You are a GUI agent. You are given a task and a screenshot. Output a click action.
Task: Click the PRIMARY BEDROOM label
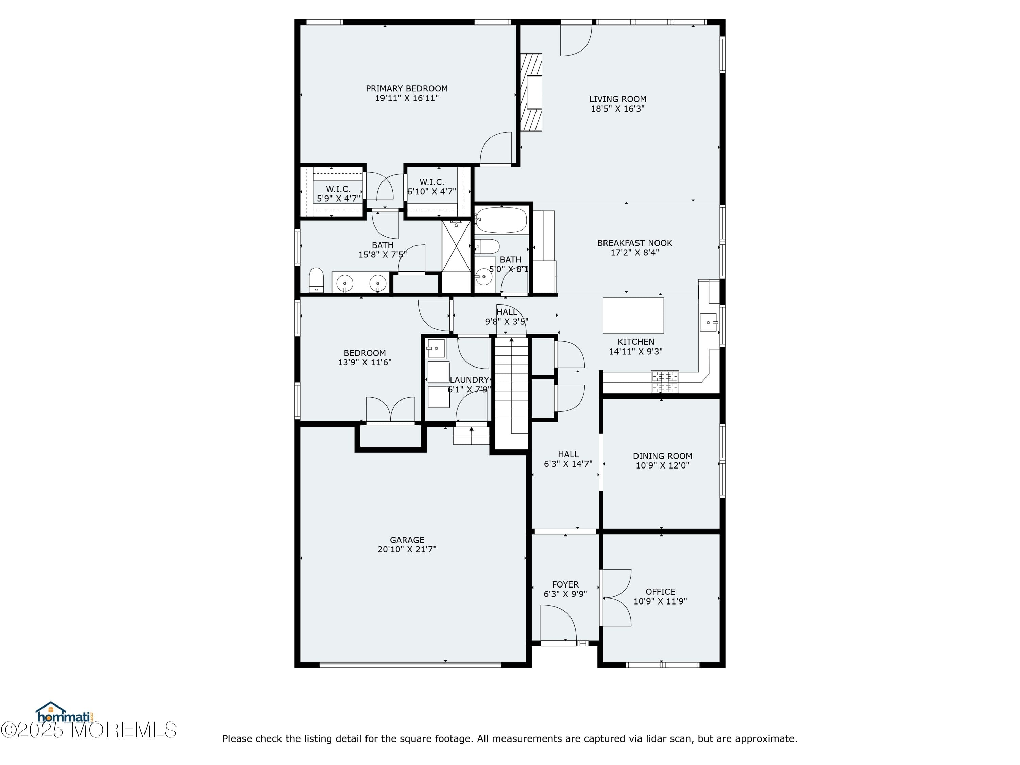point(406,88)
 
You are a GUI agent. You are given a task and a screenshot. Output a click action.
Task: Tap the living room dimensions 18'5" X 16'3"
point(617,109)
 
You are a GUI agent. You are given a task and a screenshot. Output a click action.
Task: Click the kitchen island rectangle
point(633,316)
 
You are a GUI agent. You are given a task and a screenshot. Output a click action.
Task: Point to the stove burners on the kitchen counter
point(664,381)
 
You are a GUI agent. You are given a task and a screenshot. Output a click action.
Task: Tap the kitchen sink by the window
point(708,322)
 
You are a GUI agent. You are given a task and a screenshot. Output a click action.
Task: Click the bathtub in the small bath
point(501,220)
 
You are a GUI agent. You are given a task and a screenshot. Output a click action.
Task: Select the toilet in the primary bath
point(316,279)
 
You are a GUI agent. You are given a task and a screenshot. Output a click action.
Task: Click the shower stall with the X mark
point(456,246)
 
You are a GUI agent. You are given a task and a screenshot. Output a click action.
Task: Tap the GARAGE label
point(407,540)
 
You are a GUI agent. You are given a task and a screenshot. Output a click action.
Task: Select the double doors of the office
point(616,598)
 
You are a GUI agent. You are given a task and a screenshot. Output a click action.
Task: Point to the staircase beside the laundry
point(511,385)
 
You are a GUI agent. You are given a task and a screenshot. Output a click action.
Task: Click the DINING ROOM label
point(662,456)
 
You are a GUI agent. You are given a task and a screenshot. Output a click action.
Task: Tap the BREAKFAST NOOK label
point(634,243)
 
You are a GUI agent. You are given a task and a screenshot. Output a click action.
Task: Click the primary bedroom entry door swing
point(496,149)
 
